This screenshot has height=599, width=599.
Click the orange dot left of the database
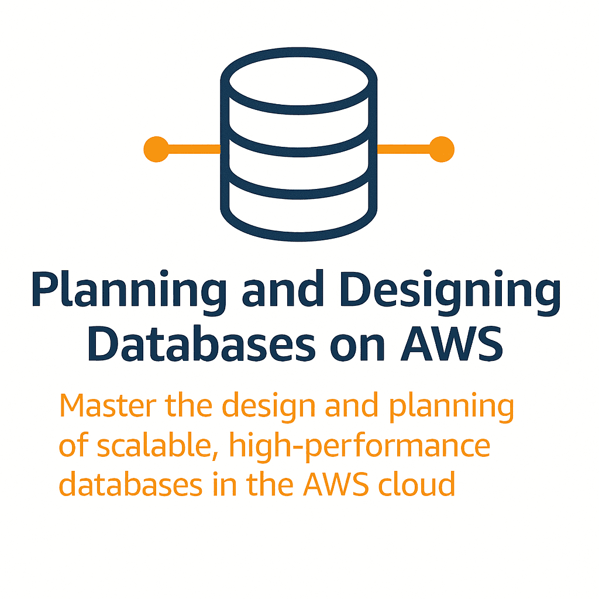point(156,149)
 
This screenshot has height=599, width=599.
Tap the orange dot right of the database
point(442,149)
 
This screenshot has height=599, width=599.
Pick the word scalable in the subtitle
point(149,446)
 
